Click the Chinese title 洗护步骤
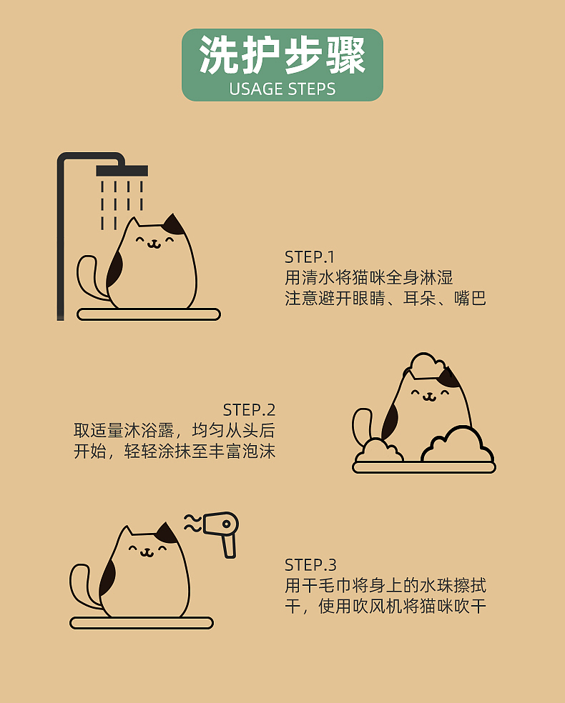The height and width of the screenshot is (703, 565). tap(282, 56)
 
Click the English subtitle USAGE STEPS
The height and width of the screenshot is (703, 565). tap(282, 89)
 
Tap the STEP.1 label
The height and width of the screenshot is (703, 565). tap(309, 257)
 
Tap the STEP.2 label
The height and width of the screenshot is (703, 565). tap(249, 410)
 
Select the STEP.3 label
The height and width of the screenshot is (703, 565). tap(310, 565)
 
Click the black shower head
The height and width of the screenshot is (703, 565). tap(122, 171)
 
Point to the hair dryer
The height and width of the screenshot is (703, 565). tap(222, 529)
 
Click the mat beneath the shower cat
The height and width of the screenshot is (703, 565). tap(148, 314)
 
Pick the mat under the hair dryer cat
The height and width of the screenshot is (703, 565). tap(141, 623)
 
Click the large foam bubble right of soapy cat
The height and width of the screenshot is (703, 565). tap(458, 446)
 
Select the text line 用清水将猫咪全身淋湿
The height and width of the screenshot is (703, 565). tap(368, 278)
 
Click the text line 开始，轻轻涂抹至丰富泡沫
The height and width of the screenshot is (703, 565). tap(175, 452)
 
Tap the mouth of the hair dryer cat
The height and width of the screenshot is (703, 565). tap(146, 552)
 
